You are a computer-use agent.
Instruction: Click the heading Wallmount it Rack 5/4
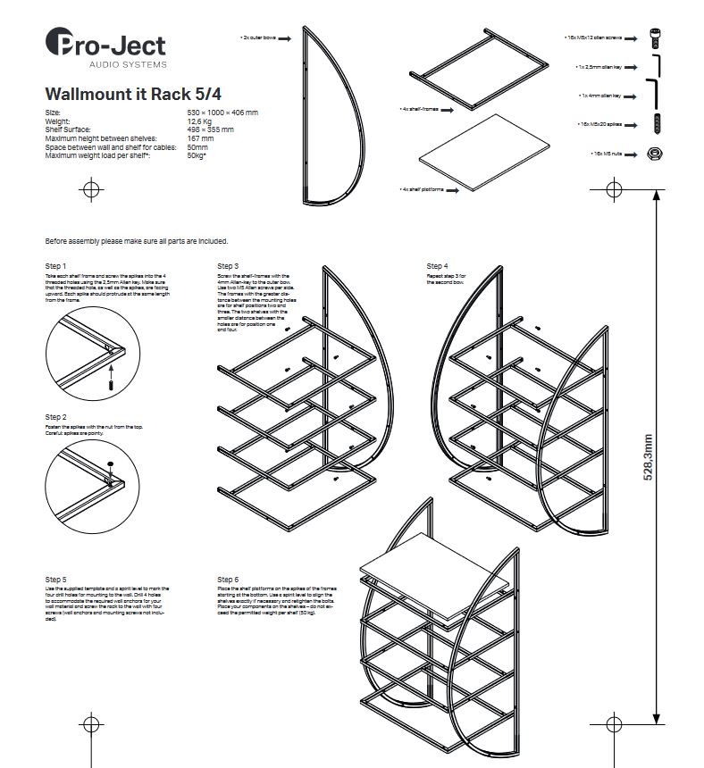(122, 93)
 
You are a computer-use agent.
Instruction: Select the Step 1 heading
(55, 266)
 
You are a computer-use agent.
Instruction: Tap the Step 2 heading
(55, 417)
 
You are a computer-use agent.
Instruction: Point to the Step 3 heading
(228, 266)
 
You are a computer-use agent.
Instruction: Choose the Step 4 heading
(437, 266)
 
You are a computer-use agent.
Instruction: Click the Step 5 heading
(55, 580)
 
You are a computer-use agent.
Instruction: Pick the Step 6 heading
(228, 580)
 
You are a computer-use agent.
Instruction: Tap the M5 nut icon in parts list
(654, 154)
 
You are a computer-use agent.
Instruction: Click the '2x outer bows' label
(259, 38)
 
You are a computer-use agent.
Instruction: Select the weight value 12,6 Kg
(200, 121)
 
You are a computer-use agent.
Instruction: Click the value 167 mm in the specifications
(200, 138)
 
